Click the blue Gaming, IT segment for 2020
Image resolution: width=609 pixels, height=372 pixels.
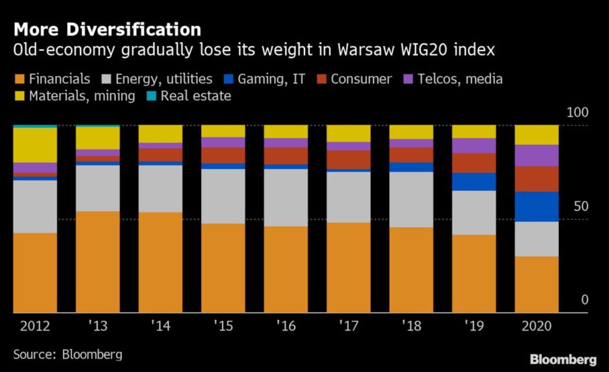coord(537,206)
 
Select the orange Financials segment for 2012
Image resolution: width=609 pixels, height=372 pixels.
coord(35,273)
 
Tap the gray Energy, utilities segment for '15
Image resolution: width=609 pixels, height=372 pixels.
coord(223,197)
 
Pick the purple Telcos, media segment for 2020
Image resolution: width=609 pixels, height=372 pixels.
coord(537,156)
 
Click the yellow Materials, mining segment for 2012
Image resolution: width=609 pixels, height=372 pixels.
coord(35,145)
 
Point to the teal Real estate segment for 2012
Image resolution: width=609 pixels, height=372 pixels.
coord(35,126)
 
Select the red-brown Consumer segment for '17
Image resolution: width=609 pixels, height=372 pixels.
coord(348,160)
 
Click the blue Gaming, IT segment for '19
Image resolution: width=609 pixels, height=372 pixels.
coord(474,182)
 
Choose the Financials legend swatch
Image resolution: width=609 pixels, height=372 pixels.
coord(20,79)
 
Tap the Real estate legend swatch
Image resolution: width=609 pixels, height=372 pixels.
coord(152,96)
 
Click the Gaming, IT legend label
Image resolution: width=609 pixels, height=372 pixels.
coord(271,79)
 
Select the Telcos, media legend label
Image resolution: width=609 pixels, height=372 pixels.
coord(460,79)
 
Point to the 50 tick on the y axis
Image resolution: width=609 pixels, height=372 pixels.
coord(581,206)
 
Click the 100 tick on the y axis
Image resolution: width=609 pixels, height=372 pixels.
coord(578,112)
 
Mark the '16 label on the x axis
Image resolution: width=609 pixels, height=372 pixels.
coord(286,325)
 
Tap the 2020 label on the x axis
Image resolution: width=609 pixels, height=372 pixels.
coord(537,325)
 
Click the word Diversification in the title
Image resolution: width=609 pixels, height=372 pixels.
coord(133,30)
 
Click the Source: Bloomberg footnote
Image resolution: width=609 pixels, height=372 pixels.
coord(68,354)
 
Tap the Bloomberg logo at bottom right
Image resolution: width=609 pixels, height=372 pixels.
coord(563,360)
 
